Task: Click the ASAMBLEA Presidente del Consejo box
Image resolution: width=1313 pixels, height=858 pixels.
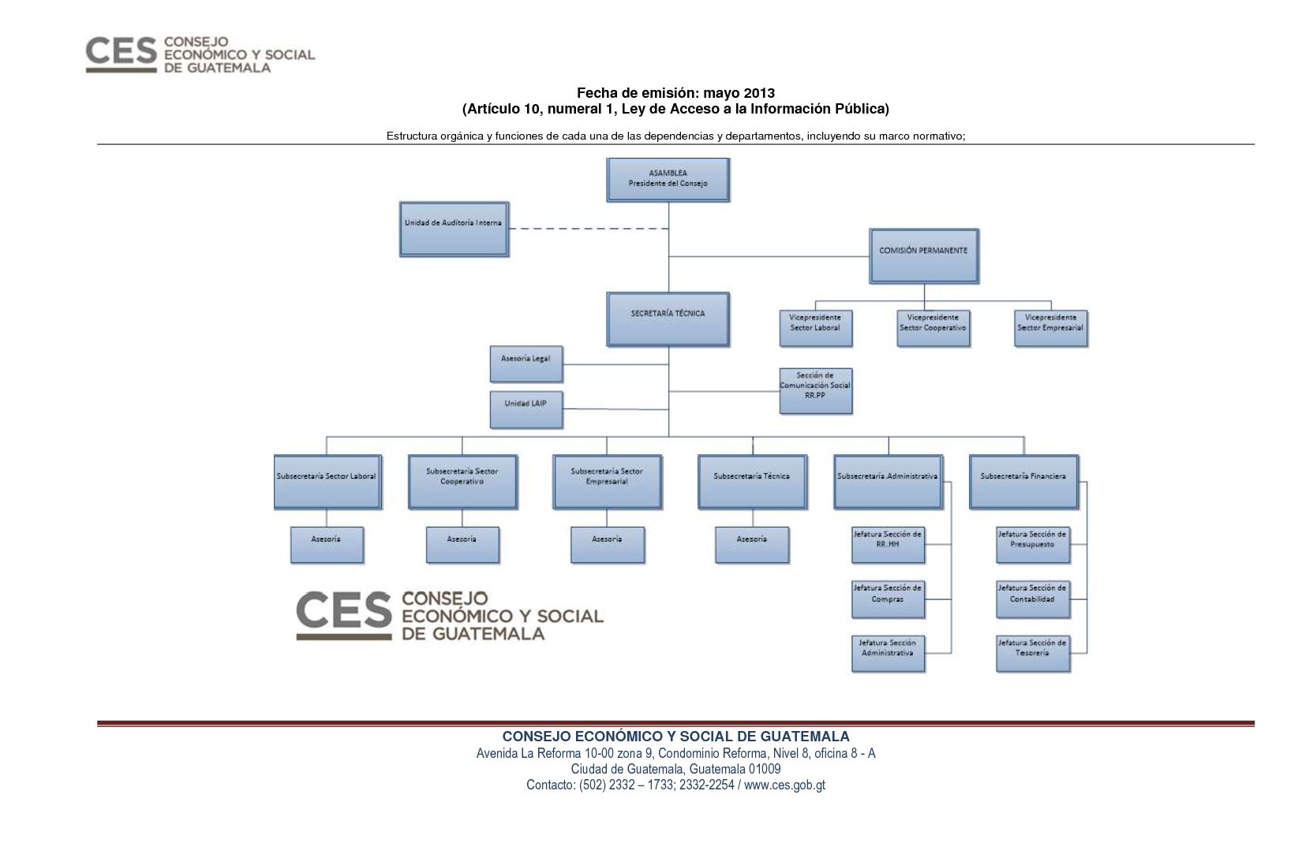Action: (x=668, y=180)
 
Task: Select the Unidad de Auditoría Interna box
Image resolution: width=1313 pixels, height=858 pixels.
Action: (x=454, y=229)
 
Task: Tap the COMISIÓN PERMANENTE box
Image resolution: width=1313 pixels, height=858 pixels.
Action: (x=924, y=256)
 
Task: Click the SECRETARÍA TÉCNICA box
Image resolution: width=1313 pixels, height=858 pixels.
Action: (x=668, y=319)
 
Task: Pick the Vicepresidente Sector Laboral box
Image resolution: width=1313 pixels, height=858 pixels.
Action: (x=816, y=329)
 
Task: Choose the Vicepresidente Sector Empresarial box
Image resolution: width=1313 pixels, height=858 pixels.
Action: (x=1051, y=329)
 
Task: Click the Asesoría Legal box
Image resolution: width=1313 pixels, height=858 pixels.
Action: (x=526, y=364)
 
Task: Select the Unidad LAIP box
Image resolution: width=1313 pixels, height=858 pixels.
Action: (x=526, y=409)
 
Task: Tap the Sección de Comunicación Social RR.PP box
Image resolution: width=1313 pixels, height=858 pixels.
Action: (x=816, y=391)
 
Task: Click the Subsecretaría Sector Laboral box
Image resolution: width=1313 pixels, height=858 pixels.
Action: (x=327, y=482)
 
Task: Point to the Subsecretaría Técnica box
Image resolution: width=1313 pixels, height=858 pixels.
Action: (x=753, y=482)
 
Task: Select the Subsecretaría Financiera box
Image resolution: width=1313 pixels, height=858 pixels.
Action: (x=1024, y=482)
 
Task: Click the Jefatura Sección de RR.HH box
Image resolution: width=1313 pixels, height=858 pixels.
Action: (x=888, y=545)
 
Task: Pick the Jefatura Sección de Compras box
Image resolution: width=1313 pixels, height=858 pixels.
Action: (x=888, y=599)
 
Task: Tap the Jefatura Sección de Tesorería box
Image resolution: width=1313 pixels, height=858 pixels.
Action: (x=1033, y=654)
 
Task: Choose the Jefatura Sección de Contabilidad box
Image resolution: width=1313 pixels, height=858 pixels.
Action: (x=1033, y=599)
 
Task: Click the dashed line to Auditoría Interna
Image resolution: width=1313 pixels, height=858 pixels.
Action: (x=589, y=229)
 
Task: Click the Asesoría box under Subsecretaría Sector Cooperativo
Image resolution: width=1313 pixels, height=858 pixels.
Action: (x=462, y=545)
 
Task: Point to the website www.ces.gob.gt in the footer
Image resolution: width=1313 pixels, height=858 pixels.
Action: (x=784, y=785)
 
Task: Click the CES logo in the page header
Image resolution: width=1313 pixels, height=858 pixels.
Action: (x=200, y=54)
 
